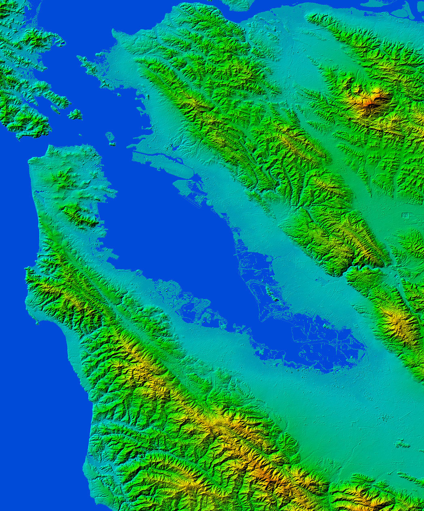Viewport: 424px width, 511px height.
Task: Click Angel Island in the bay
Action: click(x=75, y=114)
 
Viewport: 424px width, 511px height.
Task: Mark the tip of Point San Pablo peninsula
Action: click(x=81, y=61)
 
